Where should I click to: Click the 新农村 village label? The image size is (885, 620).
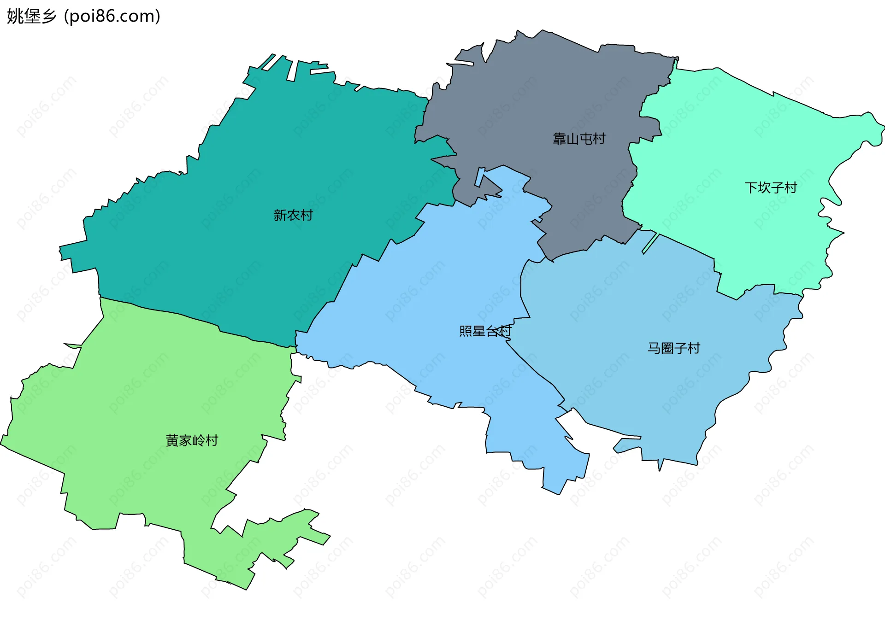(293, 215)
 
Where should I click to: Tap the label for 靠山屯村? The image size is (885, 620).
(579, 139)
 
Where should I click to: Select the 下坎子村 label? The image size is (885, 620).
(771, 187)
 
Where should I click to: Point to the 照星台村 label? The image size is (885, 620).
(485, 331)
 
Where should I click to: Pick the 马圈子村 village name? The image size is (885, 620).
(674, 348)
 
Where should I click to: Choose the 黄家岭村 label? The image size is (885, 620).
(192, 440)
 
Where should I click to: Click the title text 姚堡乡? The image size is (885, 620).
(31, 16)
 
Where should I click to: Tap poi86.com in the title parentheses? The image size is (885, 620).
(112, 16)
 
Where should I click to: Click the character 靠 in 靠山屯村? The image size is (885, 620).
(559, 139)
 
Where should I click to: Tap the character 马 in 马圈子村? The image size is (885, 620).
(654, 348)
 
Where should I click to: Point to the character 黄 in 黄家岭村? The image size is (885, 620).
(172, 440)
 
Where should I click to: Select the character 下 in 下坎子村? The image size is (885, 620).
(751, 187)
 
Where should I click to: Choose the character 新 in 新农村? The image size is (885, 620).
(280, 215)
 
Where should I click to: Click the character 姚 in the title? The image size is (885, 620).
(15, 16)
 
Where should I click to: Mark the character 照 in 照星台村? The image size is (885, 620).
(466, 331)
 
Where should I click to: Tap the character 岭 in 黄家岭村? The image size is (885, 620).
(199, 440)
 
